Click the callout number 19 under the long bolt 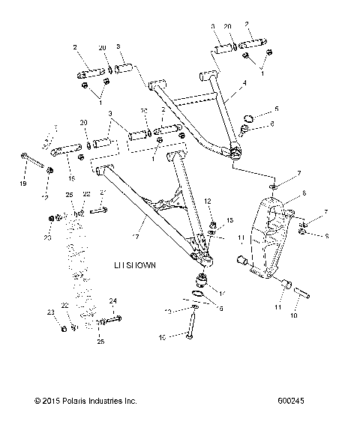coord(22,183)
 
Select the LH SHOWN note coord(134,265)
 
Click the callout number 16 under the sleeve coord(72,179)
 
